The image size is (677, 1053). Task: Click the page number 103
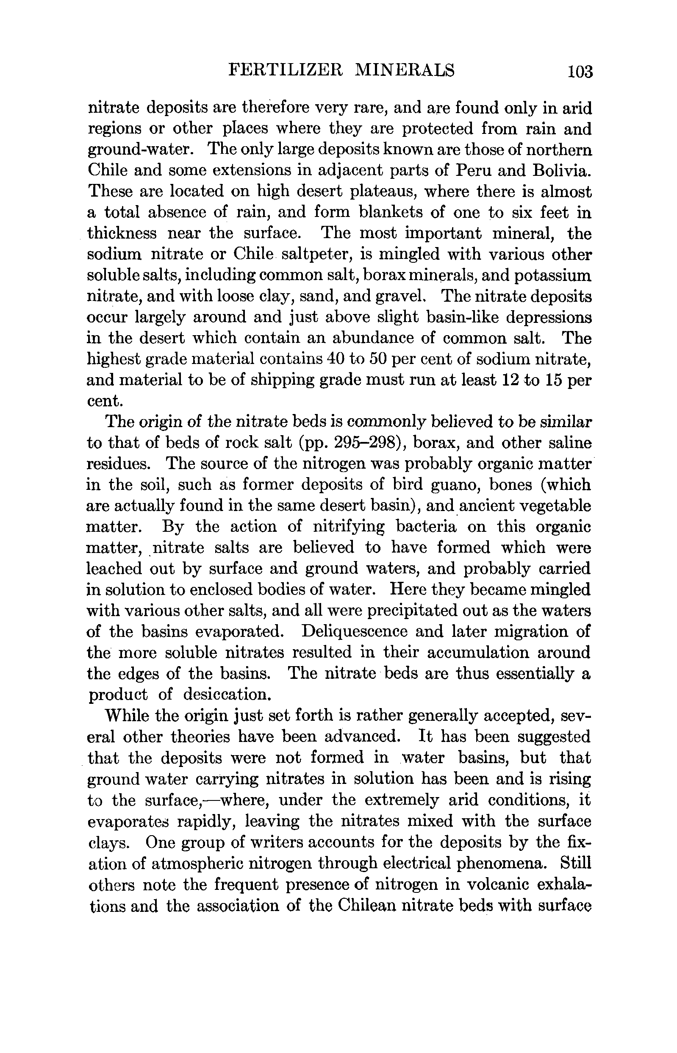pyautogui.click(x=580, y=71)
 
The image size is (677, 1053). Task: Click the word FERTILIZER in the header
pyautogui.click(x=285, y=70)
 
